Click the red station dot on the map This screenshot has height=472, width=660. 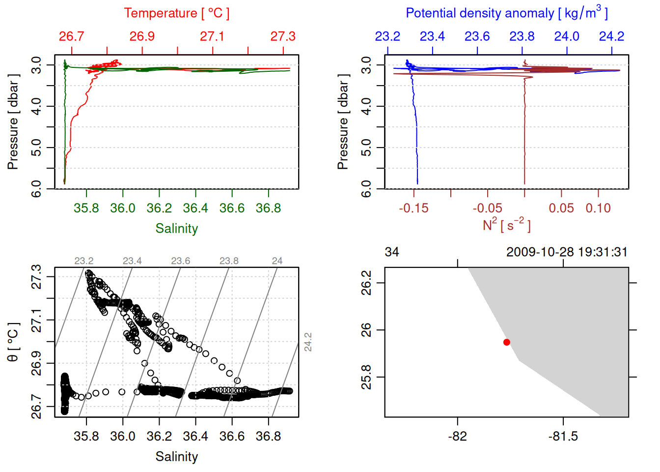(507, 342)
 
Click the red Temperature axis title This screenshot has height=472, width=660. (176, 13)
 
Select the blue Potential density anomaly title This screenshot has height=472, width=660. (506, 13)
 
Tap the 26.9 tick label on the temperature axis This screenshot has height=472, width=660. (142, 36)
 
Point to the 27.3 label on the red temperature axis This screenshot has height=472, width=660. (283, 36)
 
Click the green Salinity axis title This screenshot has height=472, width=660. (176, 229)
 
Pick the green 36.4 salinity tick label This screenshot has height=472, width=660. (195, 208)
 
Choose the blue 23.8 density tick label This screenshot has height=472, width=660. (522, 36)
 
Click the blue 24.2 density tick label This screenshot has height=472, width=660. (611, 36)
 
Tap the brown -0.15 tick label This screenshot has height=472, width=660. (413, 208)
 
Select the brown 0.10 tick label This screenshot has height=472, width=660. (598, 208)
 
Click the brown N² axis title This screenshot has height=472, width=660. (506, 225)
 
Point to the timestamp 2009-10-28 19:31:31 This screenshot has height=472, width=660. (567, 252)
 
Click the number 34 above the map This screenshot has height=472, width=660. (392, 252)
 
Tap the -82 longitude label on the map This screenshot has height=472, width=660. (458, 436)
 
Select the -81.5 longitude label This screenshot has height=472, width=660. (563, 436)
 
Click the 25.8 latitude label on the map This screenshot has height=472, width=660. (366, 377)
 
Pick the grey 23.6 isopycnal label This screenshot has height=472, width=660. (181, 261)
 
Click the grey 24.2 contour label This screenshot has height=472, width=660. (308, 342)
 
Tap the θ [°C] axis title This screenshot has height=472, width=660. (13, 342)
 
